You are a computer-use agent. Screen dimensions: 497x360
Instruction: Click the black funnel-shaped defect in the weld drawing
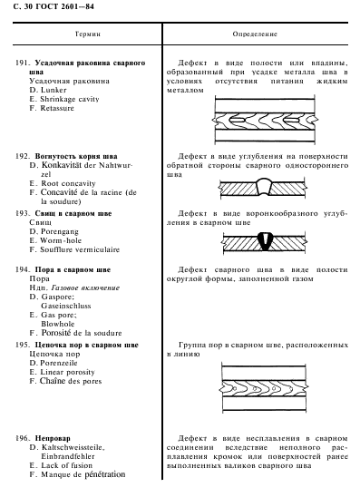point(264,241)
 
